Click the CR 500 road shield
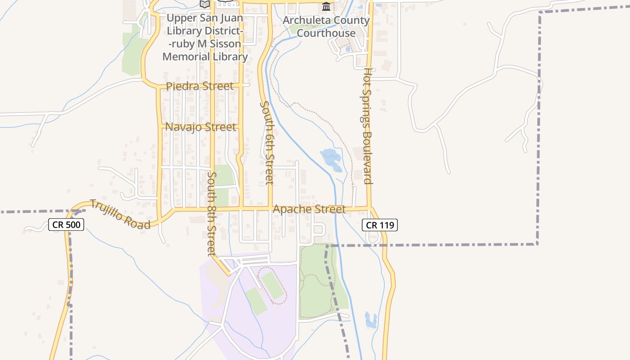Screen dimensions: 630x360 click(x=66, y=225)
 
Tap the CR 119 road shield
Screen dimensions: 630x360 click(x=380, y=225)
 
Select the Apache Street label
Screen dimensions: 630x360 click(x=309, y=209)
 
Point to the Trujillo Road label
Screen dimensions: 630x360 click(x=120, y=214)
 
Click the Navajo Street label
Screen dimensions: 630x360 click(x=201, y=127)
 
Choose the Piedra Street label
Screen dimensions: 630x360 click(x=200, y=86)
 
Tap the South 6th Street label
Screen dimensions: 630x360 click(x=267, y=142)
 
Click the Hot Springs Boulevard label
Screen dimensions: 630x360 click(x=368, y=126)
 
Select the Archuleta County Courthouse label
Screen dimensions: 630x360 click(x=326, y=27)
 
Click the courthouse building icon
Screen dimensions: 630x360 click(x=326, y=7)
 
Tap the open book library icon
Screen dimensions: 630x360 click(x=205, y=4)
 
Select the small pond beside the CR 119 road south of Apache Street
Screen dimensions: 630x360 click(x=371, y=319)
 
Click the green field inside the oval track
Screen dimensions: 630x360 click(x=273, y=284)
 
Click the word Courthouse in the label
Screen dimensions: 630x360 click(x=326, y=33)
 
